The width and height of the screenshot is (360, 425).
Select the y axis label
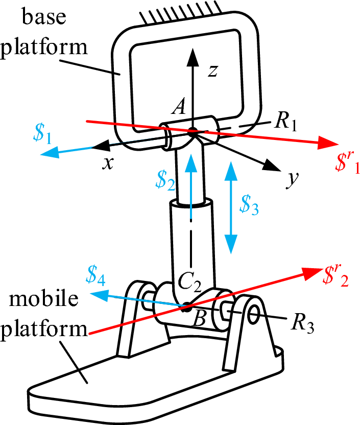(292, 180)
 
